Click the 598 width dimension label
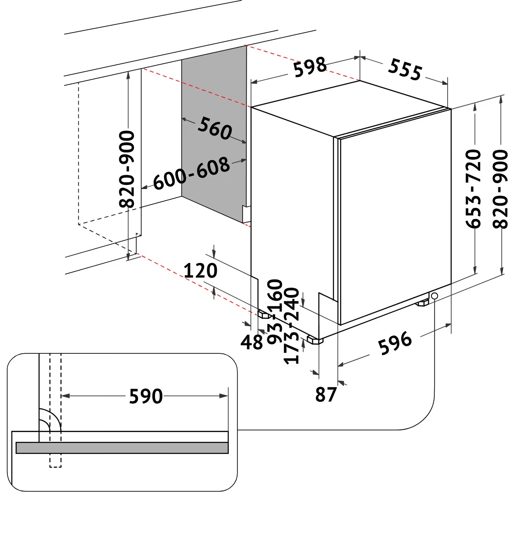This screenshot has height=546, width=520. click(x=310, y=67)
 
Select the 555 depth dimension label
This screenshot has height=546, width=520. click(x=404, y=69)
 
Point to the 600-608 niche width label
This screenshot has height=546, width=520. click(x=191, y=173)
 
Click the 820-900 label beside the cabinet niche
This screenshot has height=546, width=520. click(x=127, y=169)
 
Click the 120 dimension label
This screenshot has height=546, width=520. click(x=200, y=271)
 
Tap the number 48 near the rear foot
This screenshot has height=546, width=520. click(x=252, y=342)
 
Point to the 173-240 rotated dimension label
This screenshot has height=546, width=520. click(x=292, y=326)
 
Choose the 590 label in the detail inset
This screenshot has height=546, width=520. click(x=145, y=396)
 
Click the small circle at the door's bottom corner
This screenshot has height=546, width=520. click(x=434, y=296)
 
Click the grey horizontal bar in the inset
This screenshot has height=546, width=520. click(x=122, y=448)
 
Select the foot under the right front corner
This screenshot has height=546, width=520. click(x=422, y=302)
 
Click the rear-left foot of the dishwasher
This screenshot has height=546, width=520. click(x=264, y=314)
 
